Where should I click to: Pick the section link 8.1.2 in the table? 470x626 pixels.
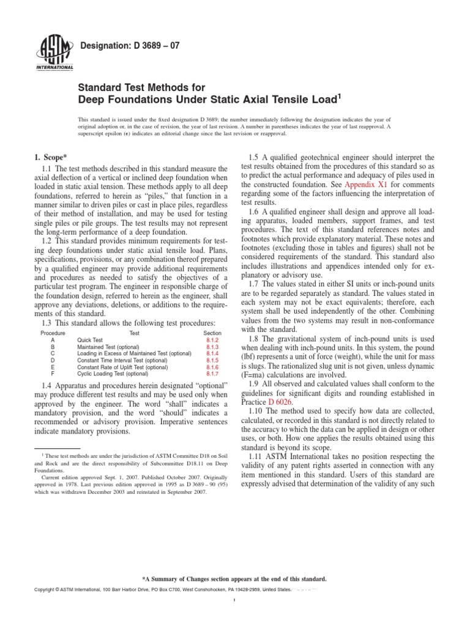coord(212,339)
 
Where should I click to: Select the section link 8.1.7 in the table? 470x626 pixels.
coord(212,373)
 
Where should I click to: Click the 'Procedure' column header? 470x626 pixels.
coord(53,332)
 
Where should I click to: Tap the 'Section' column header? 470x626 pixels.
coord(212,332)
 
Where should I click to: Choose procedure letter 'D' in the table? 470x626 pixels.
coord(53,359)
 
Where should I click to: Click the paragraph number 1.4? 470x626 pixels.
coord(48,388)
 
